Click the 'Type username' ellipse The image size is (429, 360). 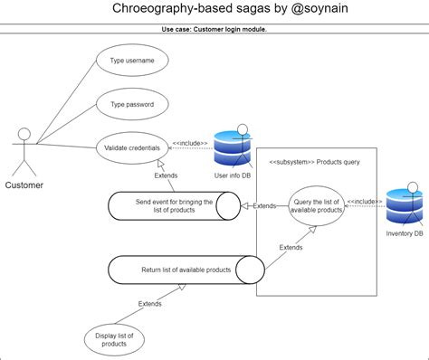(132, 61)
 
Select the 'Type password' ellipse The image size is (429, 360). (132, 104)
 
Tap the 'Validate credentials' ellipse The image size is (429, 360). (132, 147)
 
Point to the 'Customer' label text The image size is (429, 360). (24, 185)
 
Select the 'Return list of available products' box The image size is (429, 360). (186, 270)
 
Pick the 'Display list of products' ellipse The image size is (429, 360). (114, 340)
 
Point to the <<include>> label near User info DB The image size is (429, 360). (190, 142)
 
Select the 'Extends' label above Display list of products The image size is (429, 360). (150, 304)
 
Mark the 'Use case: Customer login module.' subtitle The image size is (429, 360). (214, 29)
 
